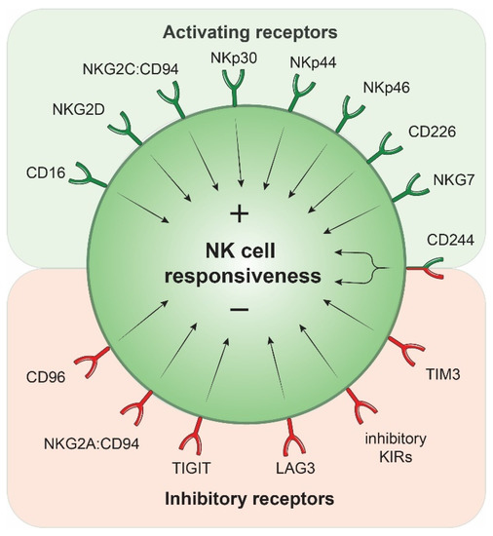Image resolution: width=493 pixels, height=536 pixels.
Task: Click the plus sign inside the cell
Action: click(240, 213)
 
